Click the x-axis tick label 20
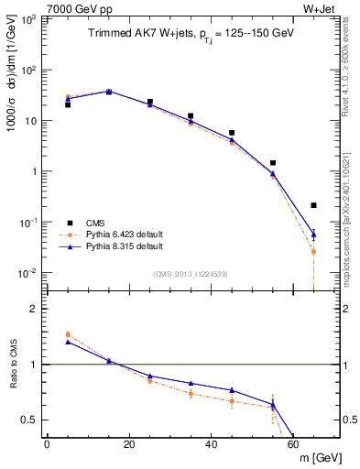coord(128,444)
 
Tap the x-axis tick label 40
coord(211,444)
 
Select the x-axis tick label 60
coord(293,444)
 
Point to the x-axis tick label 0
coord(47,444)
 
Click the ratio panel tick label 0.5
coord(31,420)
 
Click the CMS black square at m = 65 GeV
coord(314,205)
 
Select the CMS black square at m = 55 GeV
coord(273,163)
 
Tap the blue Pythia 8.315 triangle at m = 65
coord(314,234)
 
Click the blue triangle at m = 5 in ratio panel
coord(68,342)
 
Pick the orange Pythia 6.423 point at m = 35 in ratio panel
coord(191,393)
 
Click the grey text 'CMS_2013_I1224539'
coord(190,272)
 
